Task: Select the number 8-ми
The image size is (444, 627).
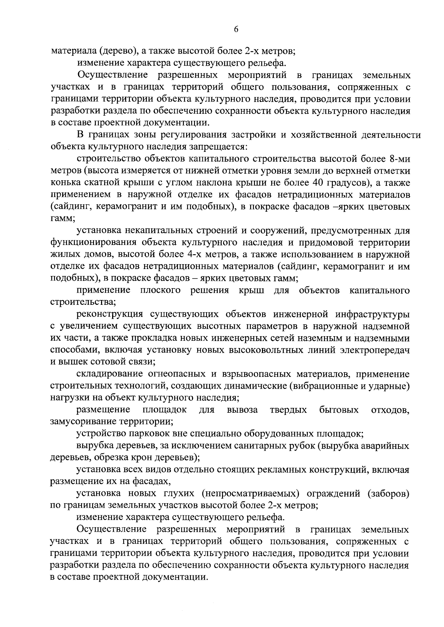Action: pyautogui.click(x=399, y=159)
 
